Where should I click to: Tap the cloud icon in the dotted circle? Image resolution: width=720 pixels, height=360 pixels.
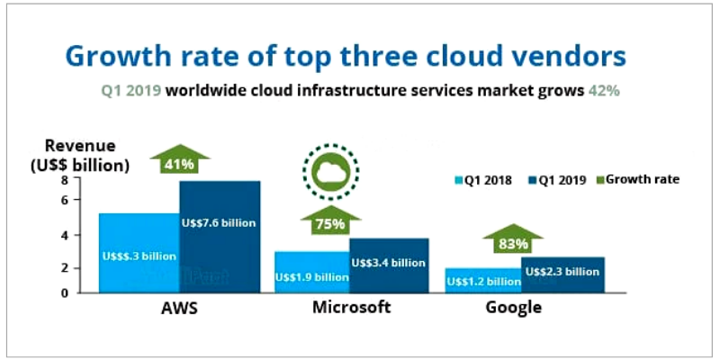click(329, 168)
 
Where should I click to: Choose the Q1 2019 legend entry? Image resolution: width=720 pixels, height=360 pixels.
click(557, 180)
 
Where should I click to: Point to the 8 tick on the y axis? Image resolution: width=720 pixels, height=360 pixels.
click(64, 180)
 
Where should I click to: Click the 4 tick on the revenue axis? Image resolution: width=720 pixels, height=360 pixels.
click(64, 235)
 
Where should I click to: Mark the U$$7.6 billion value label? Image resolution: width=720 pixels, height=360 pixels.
click(220, 222)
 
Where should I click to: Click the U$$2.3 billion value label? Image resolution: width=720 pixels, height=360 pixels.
click(562, 271)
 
